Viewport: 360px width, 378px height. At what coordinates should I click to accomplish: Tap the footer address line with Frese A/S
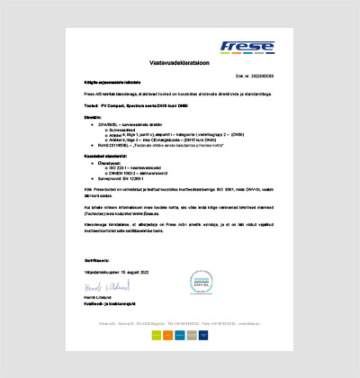pos(180,322)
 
